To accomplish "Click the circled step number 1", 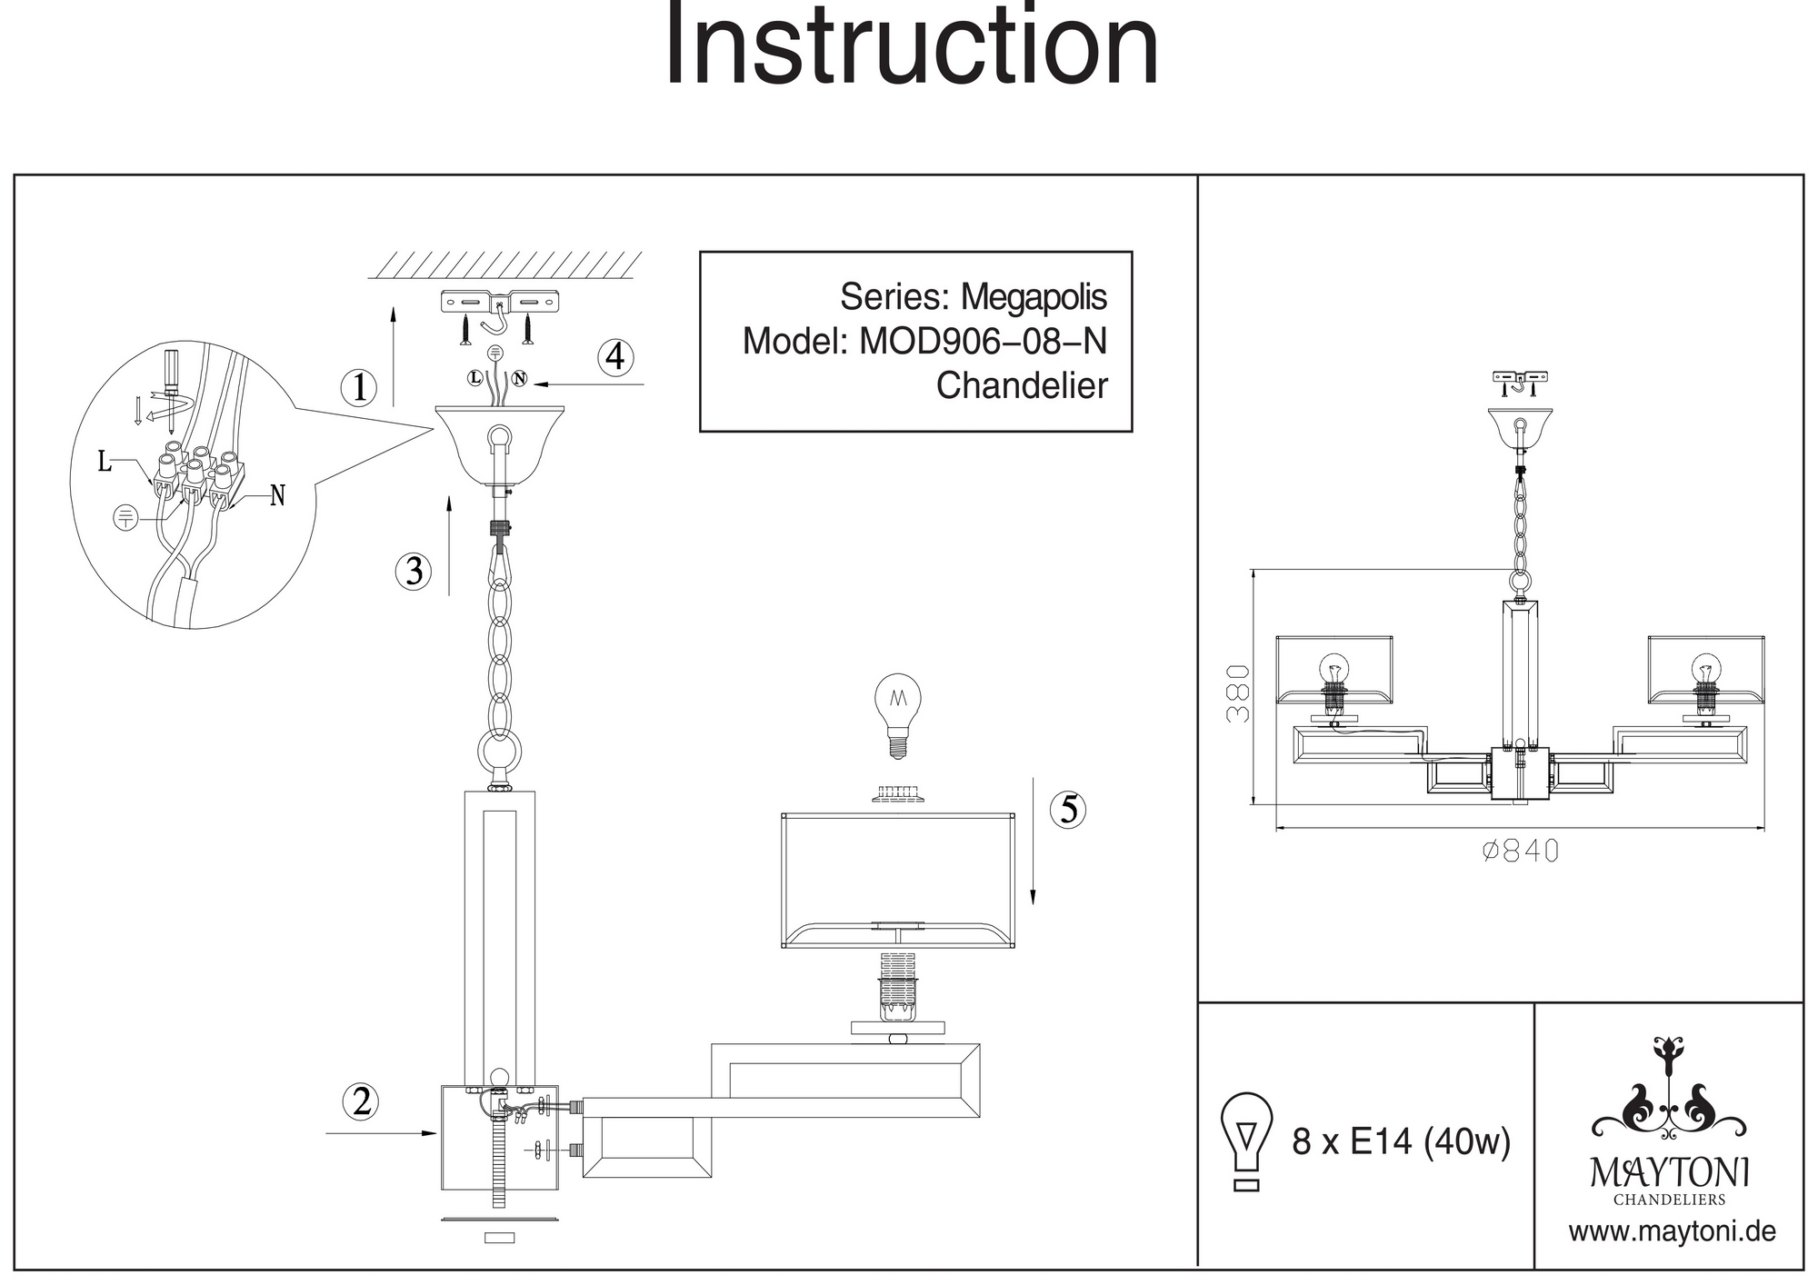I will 359,388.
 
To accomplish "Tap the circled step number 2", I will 361,1101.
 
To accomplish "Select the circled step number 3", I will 414,572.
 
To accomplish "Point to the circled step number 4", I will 615,357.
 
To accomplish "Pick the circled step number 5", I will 1068,809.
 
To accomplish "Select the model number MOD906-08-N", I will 983,342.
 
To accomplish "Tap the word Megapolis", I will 1034,297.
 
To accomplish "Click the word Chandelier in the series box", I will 1022,386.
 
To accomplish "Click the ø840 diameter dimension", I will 1520,852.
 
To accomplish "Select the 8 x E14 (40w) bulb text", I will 1401,1141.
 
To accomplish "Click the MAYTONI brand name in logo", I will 1669,1173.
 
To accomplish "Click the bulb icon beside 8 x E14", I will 1247,1141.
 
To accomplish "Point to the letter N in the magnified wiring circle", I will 277,496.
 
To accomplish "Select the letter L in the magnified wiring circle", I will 105,463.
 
